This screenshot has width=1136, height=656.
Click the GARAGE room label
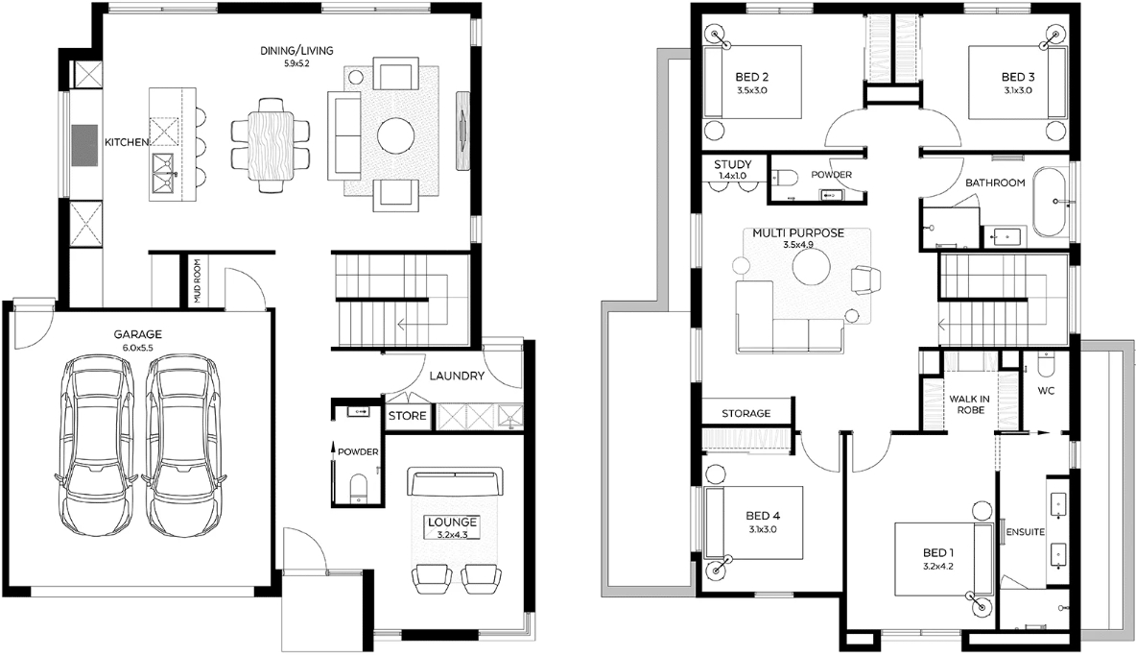coord(137,335)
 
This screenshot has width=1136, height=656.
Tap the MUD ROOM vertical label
coord(197,281)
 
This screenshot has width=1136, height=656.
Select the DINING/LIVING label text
coord(297,51)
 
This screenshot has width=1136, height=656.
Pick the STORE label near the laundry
coord(407,416)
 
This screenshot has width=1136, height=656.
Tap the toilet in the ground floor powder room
coord(359,489)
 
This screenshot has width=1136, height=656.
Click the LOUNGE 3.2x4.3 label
coord(452,527)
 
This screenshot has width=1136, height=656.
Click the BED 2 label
coord(752,77)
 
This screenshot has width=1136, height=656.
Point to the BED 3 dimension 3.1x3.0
coord(1018,90)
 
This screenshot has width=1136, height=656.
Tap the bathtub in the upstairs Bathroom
coord(1050,202)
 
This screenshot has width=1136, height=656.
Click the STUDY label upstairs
coord(732,164)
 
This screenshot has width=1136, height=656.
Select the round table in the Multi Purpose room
coord(812,268)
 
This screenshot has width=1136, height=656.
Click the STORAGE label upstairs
coord(746,413)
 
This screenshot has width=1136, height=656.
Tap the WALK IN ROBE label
coord(970,403)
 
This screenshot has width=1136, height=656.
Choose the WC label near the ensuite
coord(1046,391)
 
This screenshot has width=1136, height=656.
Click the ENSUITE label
coord(1026,532)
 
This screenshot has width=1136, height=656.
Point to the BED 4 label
coord(763,516)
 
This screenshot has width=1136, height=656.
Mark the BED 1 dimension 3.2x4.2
coord(938,566)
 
